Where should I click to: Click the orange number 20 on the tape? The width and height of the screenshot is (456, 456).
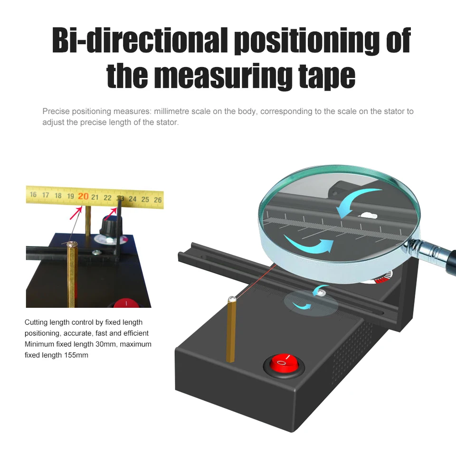click(x=83, y=196)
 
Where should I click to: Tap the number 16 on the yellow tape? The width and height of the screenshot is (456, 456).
click(x=33, y=194)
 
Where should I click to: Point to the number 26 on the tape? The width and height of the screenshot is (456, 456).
click(x=158, y=200)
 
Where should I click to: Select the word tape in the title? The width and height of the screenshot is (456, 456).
click(x=327, y=76)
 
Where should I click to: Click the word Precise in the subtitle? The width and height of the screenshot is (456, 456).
click(x=56, y=111)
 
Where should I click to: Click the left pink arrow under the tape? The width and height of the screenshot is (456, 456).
click(x=76, y=213)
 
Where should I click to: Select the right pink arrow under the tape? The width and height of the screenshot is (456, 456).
click(x=110, y=214)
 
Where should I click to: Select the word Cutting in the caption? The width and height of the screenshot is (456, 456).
click(x=36, y=323)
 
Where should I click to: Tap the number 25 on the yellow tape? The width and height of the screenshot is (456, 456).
click(x=145, y=199)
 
